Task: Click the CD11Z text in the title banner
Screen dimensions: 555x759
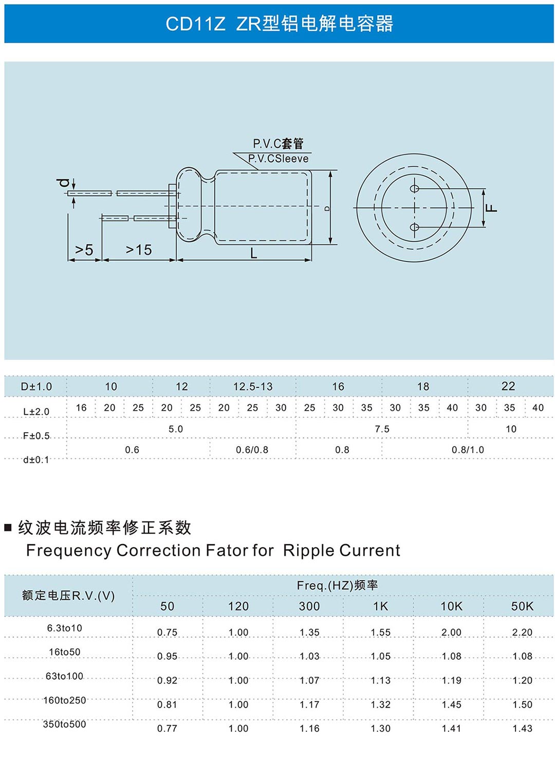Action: tap(195, 24)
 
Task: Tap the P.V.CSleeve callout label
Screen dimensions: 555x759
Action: tap(278, 159)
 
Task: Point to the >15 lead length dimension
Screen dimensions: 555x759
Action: tap(139, 250)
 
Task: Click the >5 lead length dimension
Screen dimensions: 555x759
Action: tap(84, 250)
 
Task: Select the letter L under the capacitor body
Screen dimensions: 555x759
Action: tap(253, 253)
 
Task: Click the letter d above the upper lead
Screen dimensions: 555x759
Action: tap(63, 183)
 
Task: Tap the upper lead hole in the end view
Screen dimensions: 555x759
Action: tap(414, 189)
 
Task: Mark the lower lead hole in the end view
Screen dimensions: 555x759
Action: tap(414, 227)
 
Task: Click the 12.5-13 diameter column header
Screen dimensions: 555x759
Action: tap(253, 386)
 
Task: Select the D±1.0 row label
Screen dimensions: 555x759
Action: tap(36, 386)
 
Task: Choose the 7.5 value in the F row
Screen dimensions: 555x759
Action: tap(382, 429)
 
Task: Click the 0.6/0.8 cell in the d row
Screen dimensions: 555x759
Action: tap(252, 450)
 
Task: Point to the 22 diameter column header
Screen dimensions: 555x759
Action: tap(508, 386)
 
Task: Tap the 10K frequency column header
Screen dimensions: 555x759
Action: tap(451, 606)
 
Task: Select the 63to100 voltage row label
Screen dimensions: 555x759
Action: tap(64, 676)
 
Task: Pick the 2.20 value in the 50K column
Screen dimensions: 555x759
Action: tap(523, 632)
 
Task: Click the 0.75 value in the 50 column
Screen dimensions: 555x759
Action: tap(167, 632)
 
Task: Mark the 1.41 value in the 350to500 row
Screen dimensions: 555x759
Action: tap(451, 729)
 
